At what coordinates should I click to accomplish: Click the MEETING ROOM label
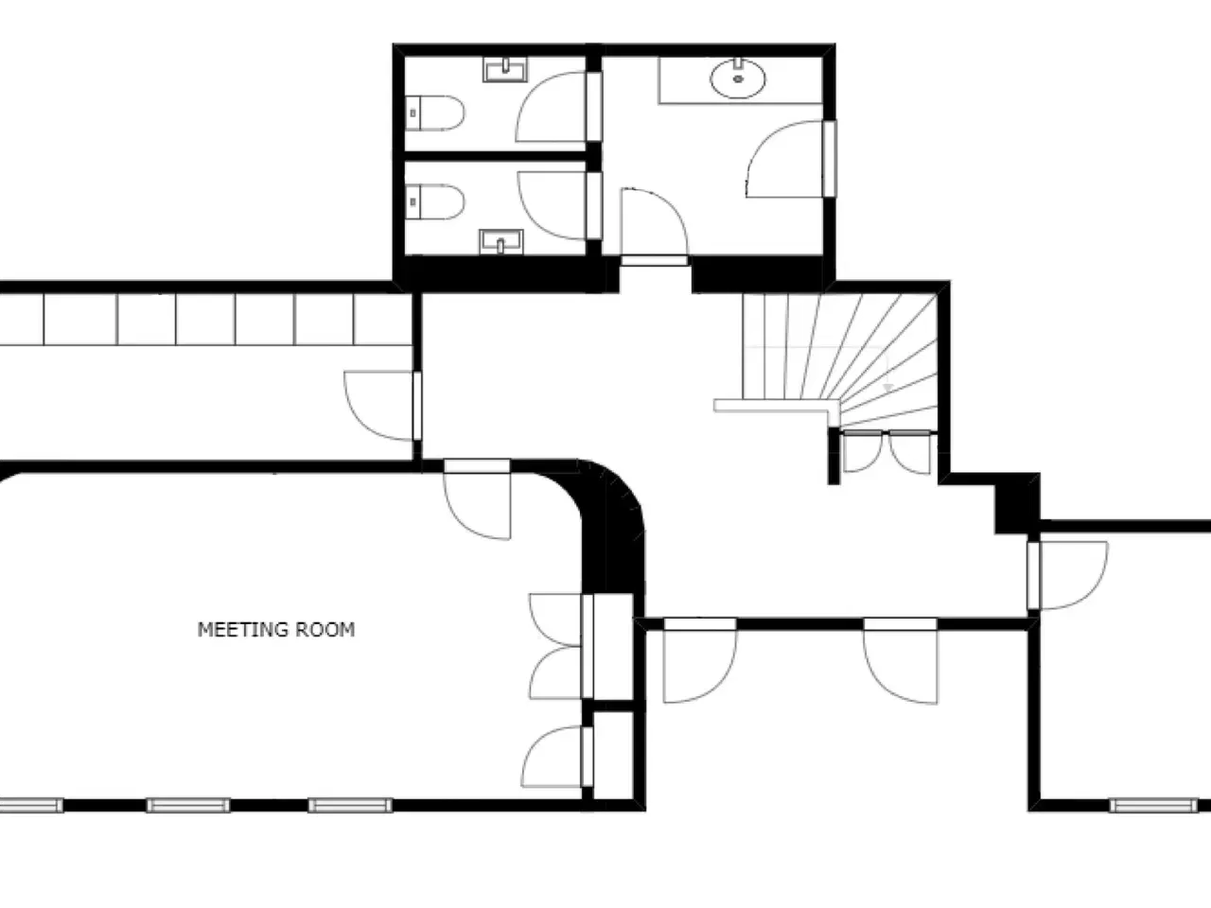[276, 630]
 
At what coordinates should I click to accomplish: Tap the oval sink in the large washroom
[738, 79]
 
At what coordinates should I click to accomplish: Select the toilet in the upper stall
[435, 113]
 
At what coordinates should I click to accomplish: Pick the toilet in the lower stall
[435, 201]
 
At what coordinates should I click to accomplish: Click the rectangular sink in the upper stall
[505, 69]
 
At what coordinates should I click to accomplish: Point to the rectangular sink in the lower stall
[500, 242]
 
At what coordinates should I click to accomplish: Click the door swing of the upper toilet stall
[551, 106]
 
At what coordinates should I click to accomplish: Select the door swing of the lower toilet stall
[552, 205]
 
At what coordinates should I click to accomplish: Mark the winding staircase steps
[839, 358]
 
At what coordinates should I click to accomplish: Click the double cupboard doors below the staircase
[886, 452]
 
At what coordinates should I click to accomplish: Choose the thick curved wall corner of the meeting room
[612, 524]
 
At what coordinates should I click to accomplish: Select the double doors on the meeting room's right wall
[556, 646]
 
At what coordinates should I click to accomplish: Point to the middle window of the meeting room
[187, 806]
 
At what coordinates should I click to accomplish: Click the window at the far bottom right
[1153, 806]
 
